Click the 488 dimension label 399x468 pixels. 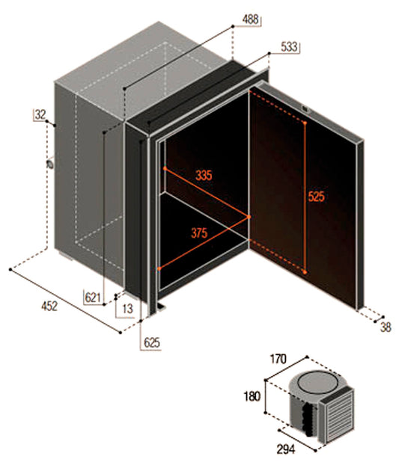point(250,19)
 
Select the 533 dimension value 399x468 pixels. point(289,47)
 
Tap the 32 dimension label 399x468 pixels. point(40,114)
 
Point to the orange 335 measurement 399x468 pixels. point(204,175)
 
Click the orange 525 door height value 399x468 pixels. point(316,197)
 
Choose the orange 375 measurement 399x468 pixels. point(199,233)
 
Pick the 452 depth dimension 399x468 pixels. point(49,307)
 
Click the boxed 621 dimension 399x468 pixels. point(93,298)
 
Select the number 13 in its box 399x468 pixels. point(127,309)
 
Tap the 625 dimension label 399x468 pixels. point(151,342)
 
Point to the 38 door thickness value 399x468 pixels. point(386,327)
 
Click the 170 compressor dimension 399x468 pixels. point(278,359)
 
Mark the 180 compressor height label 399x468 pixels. point(252,397)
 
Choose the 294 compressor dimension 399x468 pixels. point(285,449)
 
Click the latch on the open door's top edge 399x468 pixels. point(305,109)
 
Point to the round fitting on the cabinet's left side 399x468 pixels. point(49,164)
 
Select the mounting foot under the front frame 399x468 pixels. point(162,307)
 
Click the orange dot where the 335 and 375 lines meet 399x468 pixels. point(249,217)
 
